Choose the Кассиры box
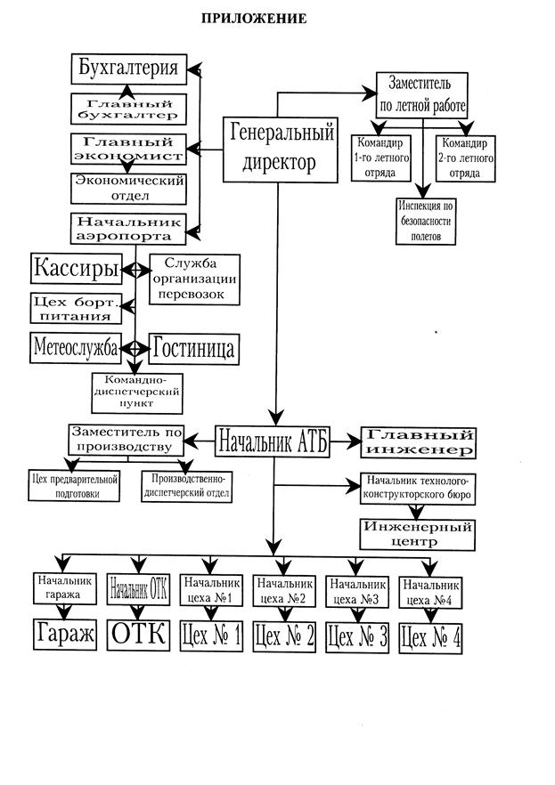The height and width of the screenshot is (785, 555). (x=75, y=268)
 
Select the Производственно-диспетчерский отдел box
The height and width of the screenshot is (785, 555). (x=186, y=486)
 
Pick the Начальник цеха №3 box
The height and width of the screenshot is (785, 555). (x=357, y=592)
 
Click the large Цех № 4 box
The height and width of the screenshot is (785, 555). (x=432, y=637)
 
